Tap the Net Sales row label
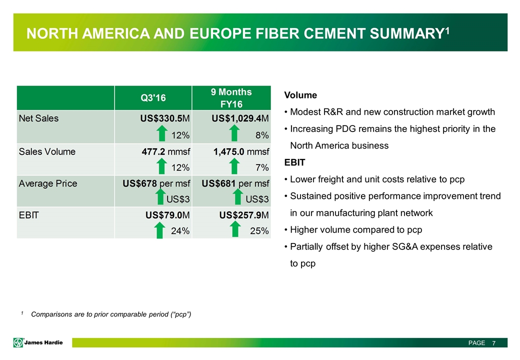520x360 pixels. point(38,119)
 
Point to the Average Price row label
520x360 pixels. point(48,183)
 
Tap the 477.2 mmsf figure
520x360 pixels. point(161,151)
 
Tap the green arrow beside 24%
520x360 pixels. point(160,230)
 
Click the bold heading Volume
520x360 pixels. point(300,95)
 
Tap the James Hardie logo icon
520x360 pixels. point(19,342)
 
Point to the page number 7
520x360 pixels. point(493,343)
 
